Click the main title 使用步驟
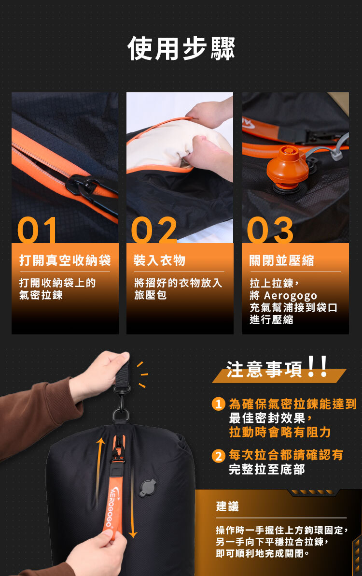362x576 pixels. pyautogui.click(x=181, y=48)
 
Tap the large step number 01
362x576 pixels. pyautogui.click(x=38, y=230)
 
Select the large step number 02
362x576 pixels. pyautogui.click(x=154, y=230)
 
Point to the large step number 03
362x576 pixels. pyautogui.click(x=270, y=230)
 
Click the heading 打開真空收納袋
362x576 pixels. pyautogui.click(x=65, y=260)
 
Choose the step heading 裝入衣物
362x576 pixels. pyautogui.click(x=160, y=260)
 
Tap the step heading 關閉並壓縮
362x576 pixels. pyautogui.click(x=282, y=260)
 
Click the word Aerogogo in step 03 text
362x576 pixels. pyautogui.click(x=291, y=295)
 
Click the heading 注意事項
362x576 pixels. pyautogui.click(x=264, y=369)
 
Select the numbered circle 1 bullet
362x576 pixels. pyautogui.click(x=219, y=404)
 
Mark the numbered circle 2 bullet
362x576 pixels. pyautogui.click(x=219, y=456)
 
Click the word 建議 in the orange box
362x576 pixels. pyautogui.click(x=227, y=506)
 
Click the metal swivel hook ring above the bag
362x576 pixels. pyautogui.click(x=121, y=415)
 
